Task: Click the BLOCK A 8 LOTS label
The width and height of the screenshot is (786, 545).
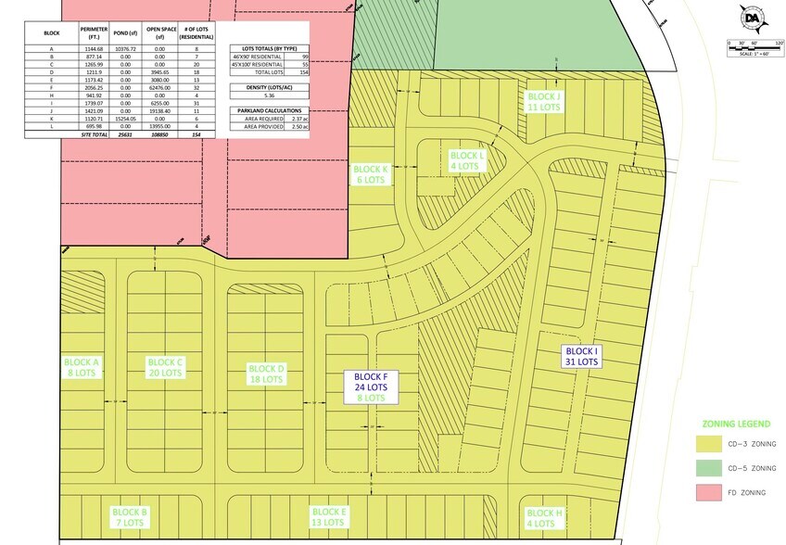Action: pos(82,367)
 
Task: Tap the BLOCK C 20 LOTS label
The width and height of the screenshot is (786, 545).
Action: pos(167,367)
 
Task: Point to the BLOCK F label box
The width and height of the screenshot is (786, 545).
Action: pos(371,387)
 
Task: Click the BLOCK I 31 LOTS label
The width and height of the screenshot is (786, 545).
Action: pos(583,357)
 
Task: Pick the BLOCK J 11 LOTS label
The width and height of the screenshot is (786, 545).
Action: pos(544,101)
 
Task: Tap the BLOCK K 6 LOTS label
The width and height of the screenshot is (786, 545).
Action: pos(370,174)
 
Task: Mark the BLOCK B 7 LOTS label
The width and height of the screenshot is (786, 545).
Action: pos(130,517)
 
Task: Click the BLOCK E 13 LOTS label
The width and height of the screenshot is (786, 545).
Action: pos(329,517)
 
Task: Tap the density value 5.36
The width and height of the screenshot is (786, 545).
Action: pos(270,95)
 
